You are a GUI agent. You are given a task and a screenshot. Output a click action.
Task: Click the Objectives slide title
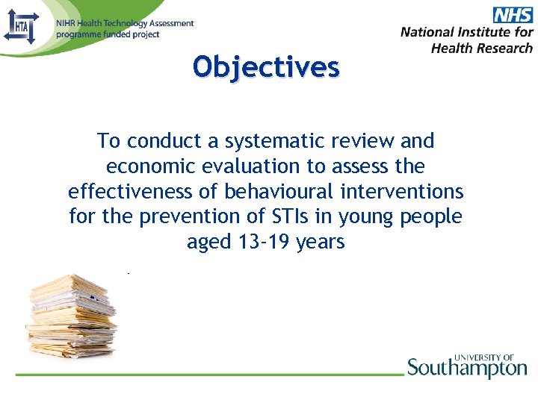click(266, 67)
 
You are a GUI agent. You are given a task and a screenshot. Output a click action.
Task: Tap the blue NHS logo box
click(512, 15)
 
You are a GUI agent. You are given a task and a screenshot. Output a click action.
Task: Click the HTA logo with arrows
click(21, 28)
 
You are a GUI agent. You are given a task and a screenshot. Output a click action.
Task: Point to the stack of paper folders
click(70, 315)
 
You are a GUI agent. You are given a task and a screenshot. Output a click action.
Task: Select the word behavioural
click(278, 192)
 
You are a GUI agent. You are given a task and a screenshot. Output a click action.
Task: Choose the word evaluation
click(248, 166)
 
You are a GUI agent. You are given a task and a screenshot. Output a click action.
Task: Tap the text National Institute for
click(466, 32)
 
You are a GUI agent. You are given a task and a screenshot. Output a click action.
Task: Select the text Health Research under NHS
click(482, 48)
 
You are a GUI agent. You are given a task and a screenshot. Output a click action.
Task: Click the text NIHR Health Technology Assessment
click(125, 24)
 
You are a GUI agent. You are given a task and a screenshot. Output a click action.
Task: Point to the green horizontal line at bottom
click(209, 373)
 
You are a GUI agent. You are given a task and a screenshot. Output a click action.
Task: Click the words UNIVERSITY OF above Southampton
click(483, 357)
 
